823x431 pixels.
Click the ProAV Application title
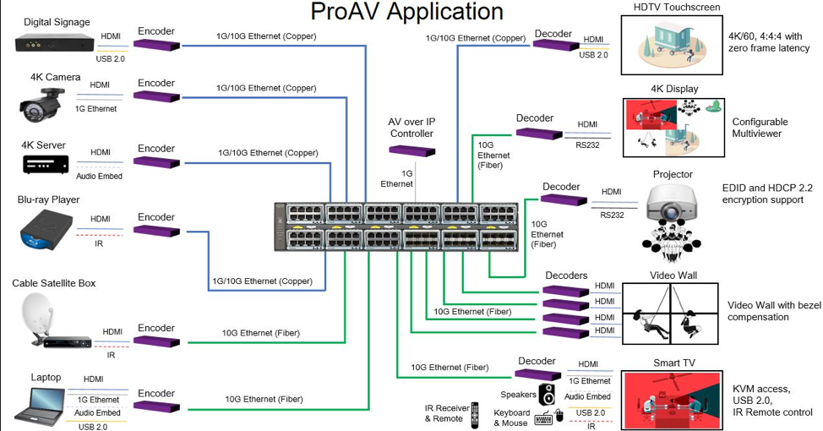coord(406,13)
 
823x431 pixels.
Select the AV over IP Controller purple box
coord(411,150)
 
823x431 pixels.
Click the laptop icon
coord(39,403)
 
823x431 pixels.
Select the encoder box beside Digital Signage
coord(155,44)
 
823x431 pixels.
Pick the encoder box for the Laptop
coord(155,406)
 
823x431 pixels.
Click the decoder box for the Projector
coord(562,199)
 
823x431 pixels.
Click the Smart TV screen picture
coord(673,400)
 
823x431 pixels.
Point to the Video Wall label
coord(673,276)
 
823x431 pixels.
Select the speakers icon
coord(548,395)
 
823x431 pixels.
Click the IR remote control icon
coord(474,414)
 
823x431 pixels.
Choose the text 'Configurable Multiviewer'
coord(756,128)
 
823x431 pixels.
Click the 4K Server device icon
coord(44,165)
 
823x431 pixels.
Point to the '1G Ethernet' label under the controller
coord(397,178)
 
